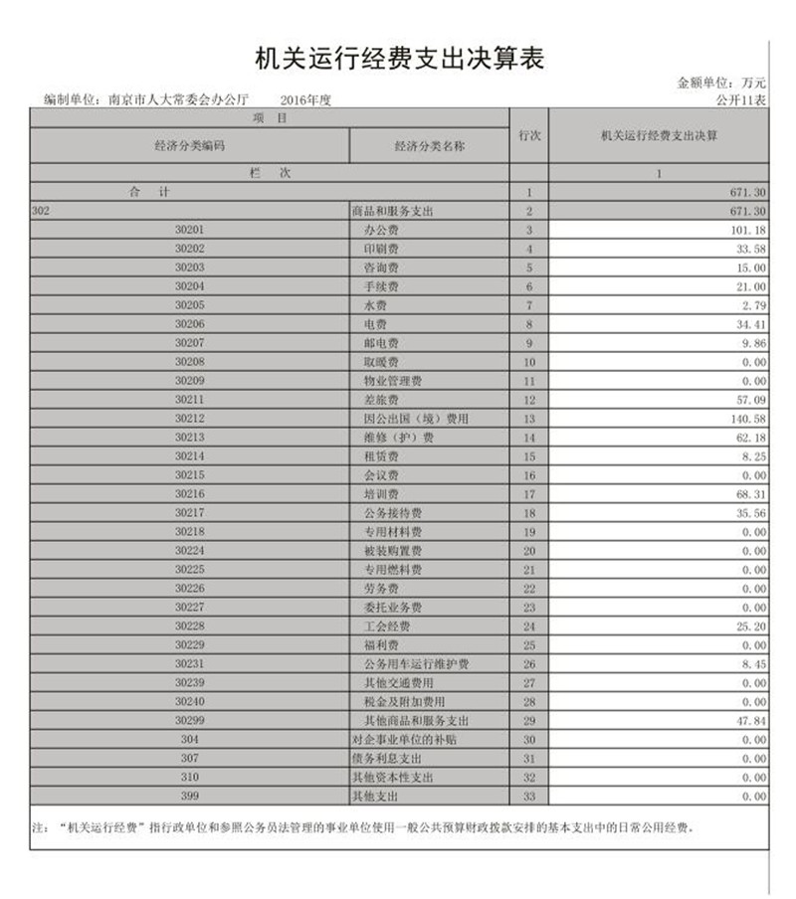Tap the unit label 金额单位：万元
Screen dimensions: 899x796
point(721,85)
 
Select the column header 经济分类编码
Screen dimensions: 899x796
point(189,146)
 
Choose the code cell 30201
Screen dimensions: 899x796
point(189,230)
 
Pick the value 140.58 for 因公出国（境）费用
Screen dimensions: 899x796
point(746,419)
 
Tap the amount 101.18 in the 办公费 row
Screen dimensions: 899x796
point(746,231)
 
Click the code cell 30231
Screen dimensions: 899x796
point(189,663)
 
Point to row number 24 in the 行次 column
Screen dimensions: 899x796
point(529,627)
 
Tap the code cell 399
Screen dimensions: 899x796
point(190,796)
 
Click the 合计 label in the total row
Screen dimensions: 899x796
point(149,192)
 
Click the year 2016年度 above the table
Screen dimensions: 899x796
point(304,100)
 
